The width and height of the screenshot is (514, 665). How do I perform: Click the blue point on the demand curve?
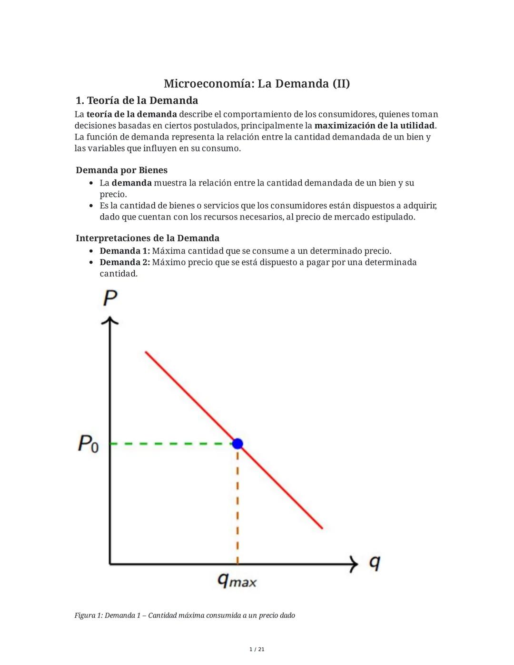click(x=237, y=444)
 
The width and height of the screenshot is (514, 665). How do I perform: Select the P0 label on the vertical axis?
click(x=89, y=444)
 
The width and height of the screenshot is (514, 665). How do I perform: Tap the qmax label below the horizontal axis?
click(x=237, y=580)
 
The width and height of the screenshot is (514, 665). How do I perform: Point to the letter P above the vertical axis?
click(x=110, y=298)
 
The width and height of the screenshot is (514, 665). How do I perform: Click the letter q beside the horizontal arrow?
click(x=375, y=563)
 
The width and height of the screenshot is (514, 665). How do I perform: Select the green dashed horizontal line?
click(x=171, y=444)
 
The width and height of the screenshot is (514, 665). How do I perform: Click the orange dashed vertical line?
click(x=237, y=505)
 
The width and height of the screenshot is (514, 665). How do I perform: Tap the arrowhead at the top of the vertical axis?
click(x=110, y=320)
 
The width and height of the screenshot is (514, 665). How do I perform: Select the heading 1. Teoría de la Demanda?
click(x=137, y=100)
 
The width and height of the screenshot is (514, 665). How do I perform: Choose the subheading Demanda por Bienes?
click(x=121, y=170)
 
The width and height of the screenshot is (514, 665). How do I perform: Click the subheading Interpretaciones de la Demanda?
click(x=148, y=238)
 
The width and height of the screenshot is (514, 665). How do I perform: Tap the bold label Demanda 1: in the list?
click(x=125, y=251)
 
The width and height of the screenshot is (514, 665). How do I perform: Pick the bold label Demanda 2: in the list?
click(x=125, y=262)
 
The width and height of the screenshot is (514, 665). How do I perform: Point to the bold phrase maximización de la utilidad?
click(x=375, y=126)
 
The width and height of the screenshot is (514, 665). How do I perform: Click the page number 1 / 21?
click(x=257, y=649)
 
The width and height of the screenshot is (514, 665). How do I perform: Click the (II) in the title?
click(x=341, y=84)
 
